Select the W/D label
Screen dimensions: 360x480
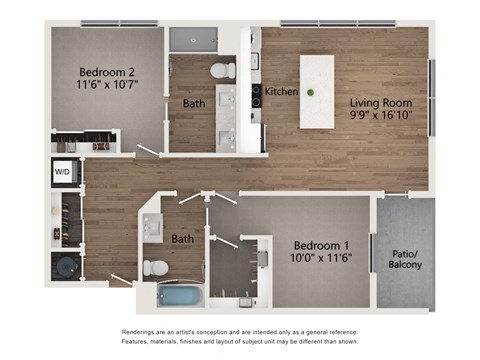(62, 172)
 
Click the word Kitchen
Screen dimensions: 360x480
(281, 92)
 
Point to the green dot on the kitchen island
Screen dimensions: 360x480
(310, 93)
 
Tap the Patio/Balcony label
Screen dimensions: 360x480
(404, 258)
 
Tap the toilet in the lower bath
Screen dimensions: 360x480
(156, 268)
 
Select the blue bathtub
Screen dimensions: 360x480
(180, 296)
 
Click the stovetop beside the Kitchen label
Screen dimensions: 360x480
(256, 95)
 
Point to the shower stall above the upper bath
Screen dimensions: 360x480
(192, 39)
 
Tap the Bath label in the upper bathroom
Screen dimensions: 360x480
(194, 103)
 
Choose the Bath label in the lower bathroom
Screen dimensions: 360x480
(182, 239)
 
